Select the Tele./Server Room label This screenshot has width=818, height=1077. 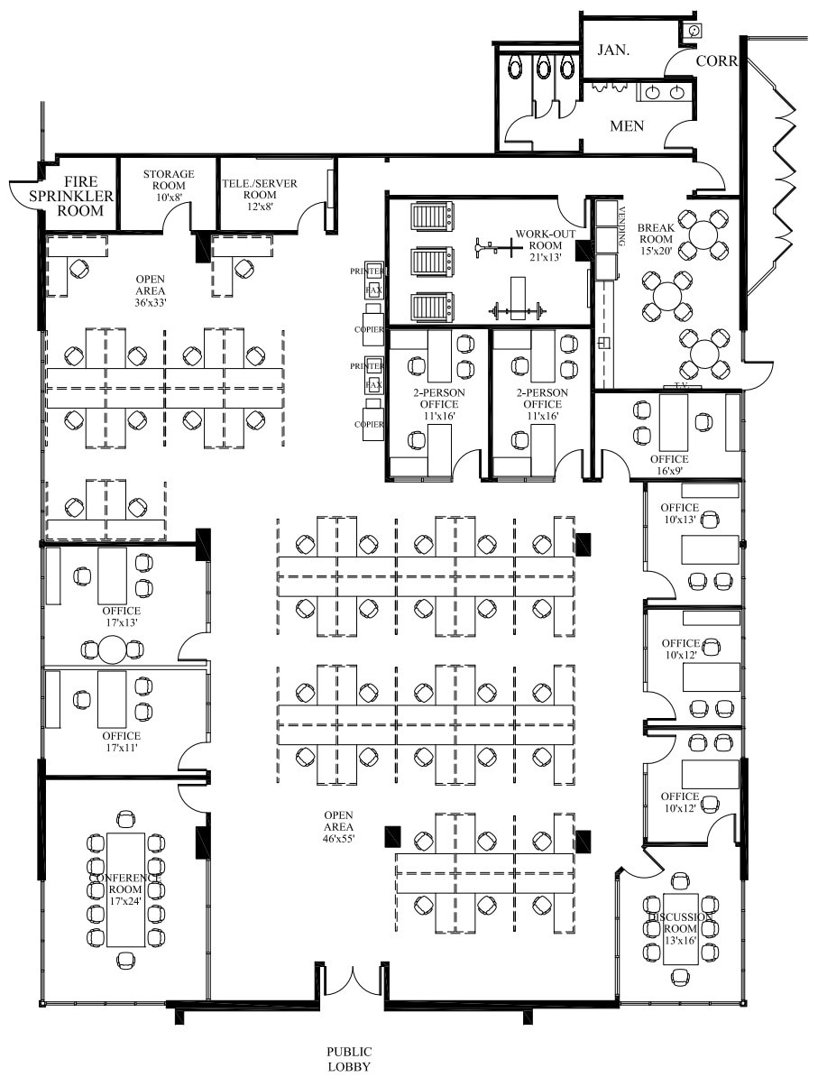click(260, 189)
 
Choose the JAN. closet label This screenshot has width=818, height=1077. click(612, 51)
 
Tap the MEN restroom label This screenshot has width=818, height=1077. click(627, 126)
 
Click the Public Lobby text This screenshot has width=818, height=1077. click(349, 1059)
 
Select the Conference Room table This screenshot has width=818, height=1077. click(125, 889)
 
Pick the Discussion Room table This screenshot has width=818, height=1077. click(681, 927)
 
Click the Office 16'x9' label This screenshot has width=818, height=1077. click(668, 465)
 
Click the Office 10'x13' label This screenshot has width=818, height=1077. click(679, 513)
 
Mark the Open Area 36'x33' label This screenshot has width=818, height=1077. click(151, 285)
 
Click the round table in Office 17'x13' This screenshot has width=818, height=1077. click(113, 649)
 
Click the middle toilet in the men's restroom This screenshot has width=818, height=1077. click(541, 68)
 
